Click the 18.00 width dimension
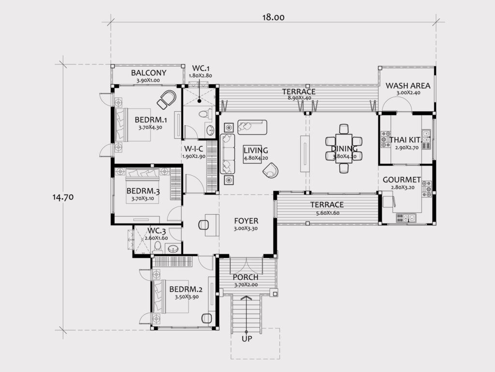click(x=274, y=17)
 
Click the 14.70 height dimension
click(x=63, y=197)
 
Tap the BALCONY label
click(x=148, y=73)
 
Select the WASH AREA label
click(x=408, y=86)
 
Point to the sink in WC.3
click(x=173, y=249)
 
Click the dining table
click(x=344, y=149)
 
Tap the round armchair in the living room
click(x=271, y=170)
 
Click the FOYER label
click(x=246, y=221)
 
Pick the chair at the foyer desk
click(x=203, y=225)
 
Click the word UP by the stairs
click(x=247, y=339)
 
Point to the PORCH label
click(x=246, y=277)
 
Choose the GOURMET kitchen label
click(x=402, y=179)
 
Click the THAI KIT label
click(x=405, y=140)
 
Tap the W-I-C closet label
click(x=193, y=149)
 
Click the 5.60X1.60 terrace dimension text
click(x=328, y=213)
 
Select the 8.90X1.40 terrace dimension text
click(x=299, y=98)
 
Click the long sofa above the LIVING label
click(x=252, y=127)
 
